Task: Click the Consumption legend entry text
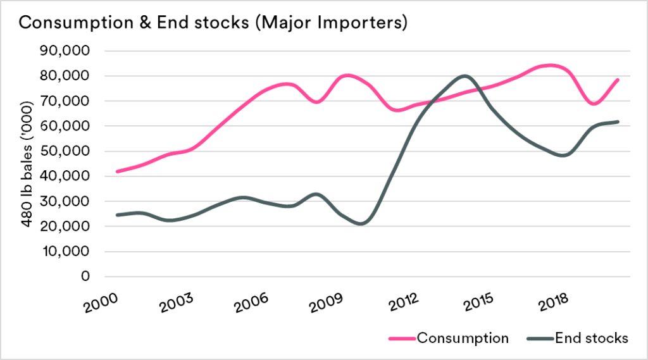(462, 338)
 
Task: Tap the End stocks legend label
(591, 338)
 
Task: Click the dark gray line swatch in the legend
(539, 338)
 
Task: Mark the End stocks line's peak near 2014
(465, 76)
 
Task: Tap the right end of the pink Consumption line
(618, 80)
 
